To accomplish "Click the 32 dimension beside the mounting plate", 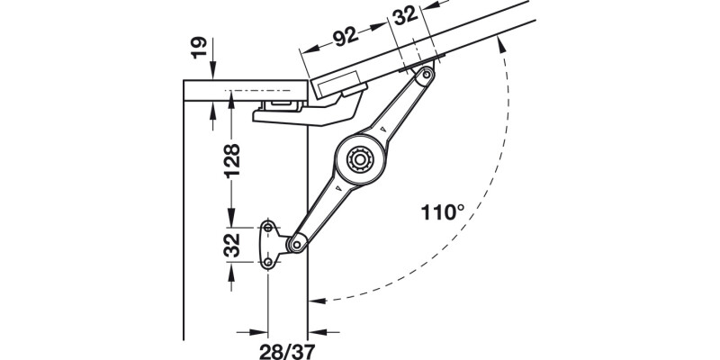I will [x=231, y=243].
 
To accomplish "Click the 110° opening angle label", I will [x=442, y=213].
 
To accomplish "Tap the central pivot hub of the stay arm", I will [x=361, y=160].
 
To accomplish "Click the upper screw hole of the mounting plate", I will [x=268, y=225].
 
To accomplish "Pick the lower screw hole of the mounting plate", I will [x=268, y=262].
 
